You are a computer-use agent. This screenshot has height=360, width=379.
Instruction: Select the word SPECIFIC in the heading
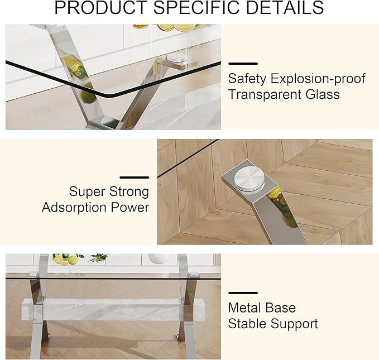click(x=194, y=8)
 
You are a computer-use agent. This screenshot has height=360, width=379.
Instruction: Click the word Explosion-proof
click(x=318, y=79)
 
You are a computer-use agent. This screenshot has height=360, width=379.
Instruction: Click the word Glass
click(x=322, y=94)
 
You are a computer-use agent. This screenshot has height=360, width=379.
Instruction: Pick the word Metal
click(x=246, y=308)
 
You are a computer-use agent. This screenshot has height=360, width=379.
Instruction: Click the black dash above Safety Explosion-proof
click(x=243, y=64)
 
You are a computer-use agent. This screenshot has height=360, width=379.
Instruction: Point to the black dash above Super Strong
click(x=135, y=177)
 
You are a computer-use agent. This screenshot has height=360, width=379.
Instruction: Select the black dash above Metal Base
click(x=243, y=293)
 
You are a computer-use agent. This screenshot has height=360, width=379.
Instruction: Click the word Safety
click(x=247, y=79)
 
